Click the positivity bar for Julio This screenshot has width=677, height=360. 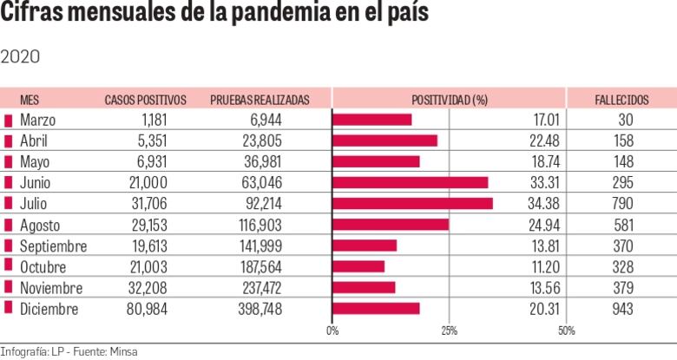point(412,203)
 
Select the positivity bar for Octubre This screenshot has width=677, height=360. point(358,266)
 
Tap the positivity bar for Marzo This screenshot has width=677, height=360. point(372,119)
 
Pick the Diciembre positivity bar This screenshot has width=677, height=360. point(376,308)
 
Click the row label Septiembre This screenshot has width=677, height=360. point(54,245)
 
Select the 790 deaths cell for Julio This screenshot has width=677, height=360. point(622,204)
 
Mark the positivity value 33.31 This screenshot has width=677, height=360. point(543,183)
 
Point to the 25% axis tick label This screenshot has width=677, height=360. point(449,331)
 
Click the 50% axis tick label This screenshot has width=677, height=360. point(566,331)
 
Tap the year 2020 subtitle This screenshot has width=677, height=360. point(20,56)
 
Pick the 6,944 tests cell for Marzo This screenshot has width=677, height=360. point(264,120)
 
